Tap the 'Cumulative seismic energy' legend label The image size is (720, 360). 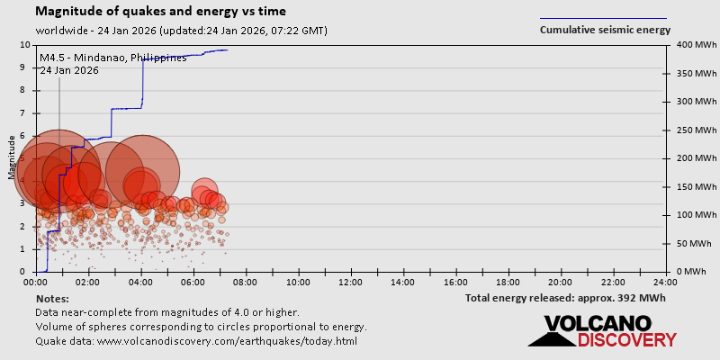pyautogui.click(x=605, y=30)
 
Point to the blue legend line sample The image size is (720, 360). pyautogui.click(x=603, y=18)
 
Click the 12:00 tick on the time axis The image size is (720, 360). pyautogui.click(x=351, y=282)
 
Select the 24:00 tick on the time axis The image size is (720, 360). pyautogui.click(x=666, y=282)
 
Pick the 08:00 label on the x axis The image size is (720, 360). pyautogui.click(x=246, y=282)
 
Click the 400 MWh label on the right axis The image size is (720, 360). pyautogui.click(x=689, y=45)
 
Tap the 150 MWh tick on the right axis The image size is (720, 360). pyautogui.click(x=689, y=186)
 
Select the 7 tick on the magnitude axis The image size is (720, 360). pyautogui.click(x=25, y=113)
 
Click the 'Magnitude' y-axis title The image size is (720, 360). pyautogui.click(x=13, y=158)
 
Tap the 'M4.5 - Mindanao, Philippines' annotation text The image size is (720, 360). pyautogui.click(x=113, y=58)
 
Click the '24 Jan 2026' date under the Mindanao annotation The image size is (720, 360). pyautogui.click(x=69, y=70)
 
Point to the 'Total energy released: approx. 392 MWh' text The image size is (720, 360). pyautogui.click(x=565, y=298)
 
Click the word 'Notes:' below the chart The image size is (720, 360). pyautogui.click(x=52, y=298)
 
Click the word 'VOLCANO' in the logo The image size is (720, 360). pyautogui.click(x=598, y=324)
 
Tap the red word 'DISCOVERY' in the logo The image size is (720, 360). pyautogui.click(x=626, y=339)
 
